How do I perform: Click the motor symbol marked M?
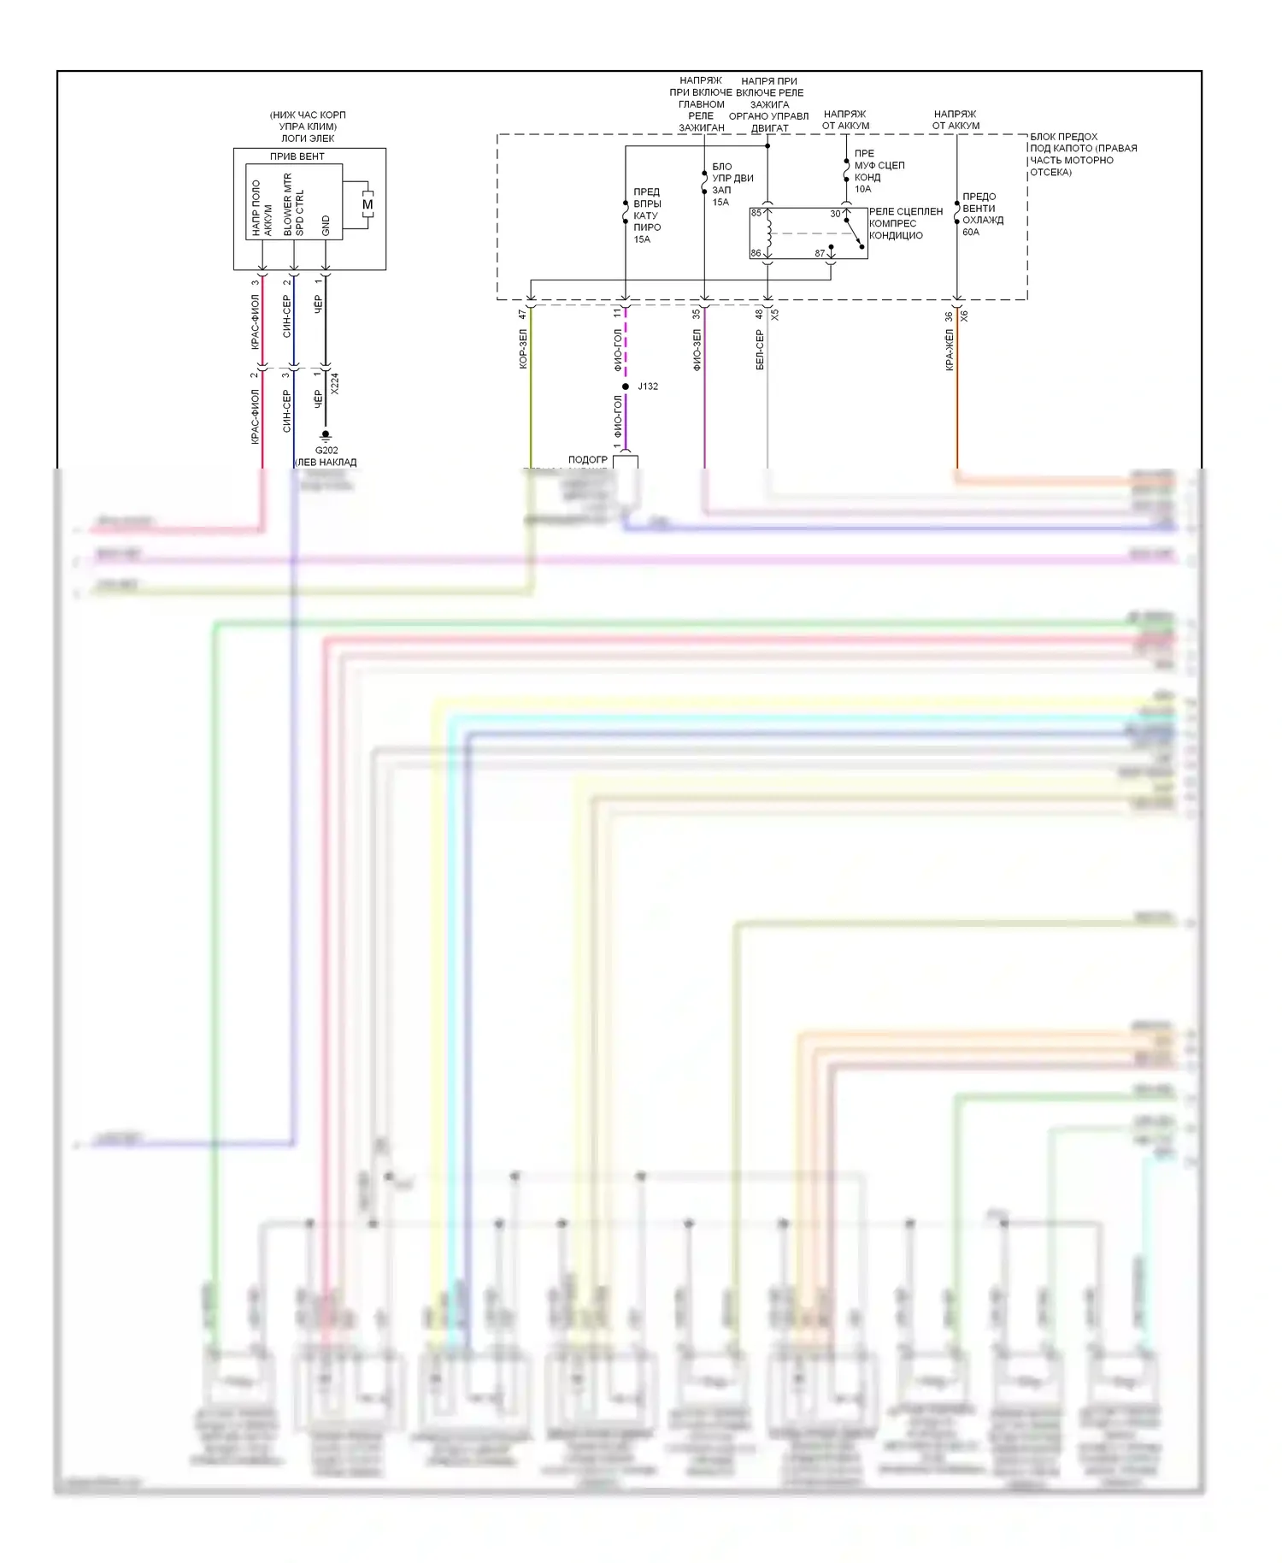click(368, 204)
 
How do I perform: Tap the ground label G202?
click(326, 450)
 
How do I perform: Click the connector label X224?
click(335, 383)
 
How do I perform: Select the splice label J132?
click(648, 386)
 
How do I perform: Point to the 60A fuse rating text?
click(971, 232)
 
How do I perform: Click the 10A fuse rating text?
click(862, 189)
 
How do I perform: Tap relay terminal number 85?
click(756, 213)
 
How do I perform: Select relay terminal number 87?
click(820, 253)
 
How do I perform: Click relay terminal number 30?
click(835, 214)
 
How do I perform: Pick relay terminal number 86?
click(756, 253)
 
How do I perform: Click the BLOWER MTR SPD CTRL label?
click(293, 205)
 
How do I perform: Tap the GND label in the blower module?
click(326, 226)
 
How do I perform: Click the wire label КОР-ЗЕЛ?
click(523, 349)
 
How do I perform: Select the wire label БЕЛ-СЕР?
click(760, 350)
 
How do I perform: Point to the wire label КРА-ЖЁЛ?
click(950, 350)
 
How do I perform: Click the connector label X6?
click(964, 316)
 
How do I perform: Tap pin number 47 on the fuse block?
click(523, 315)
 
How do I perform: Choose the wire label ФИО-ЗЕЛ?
click(697, 350)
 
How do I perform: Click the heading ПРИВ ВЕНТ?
click(297, 156)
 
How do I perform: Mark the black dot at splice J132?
click(626, 386)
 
